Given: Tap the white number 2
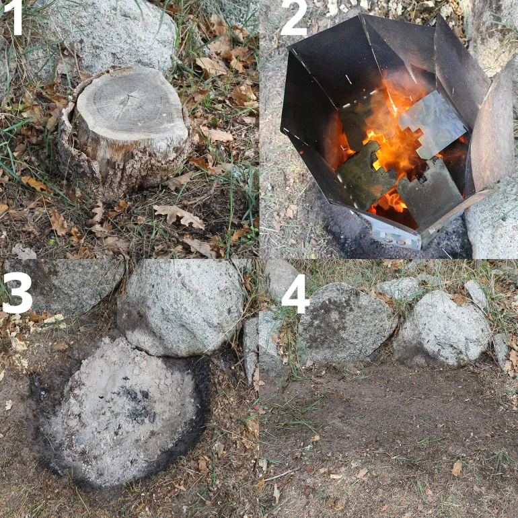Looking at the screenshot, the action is click(294, 18).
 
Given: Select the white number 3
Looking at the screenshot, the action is click(17, 293).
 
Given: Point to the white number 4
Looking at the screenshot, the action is click(295, 293).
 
